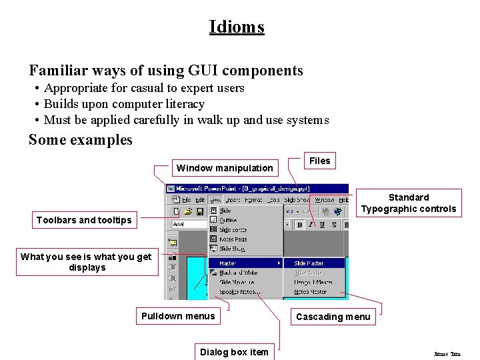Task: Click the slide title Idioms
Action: (237, 27)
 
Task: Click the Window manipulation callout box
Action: (224, 168)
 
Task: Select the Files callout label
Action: (319, 161)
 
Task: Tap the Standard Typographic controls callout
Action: (408, 203)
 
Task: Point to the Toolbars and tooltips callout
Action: (84, 220)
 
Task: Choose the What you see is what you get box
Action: (86, 262)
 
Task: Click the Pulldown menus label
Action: (178, 316)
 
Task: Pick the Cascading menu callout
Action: (333, 317)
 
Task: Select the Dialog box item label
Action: (234, 352)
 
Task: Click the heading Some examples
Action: (81, 140)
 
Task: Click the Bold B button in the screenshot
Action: (299, 225)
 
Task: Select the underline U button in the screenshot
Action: (321, 225)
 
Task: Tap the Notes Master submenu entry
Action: (310, 291)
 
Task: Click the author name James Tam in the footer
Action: (447, 354)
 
